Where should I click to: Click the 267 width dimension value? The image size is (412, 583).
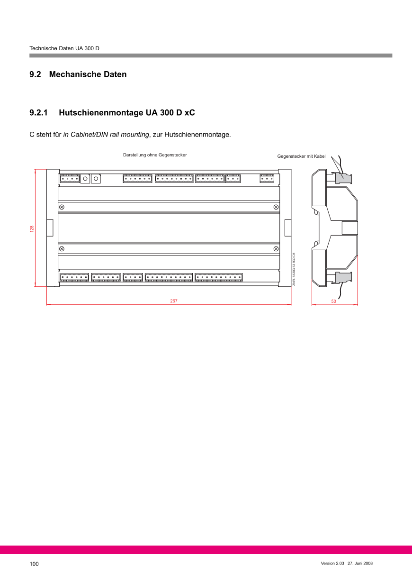click(x=174, y=301)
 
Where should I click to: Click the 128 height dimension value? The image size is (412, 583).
click(x=32, y=229)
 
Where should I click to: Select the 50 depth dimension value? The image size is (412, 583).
click(x=333, y=301)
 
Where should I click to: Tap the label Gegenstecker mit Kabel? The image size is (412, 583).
click(x=301, y=156)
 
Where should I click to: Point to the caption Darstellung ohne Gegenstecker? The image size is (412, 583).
click(x=155, y=155)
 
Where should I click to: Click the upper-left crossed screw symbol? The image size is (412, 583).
click(x=62, y=207)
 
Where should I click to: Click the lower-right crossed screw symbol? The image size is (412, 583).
click(x=276, y=249)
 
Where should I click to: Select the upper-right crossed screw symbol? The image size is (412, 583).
click(x=276, y=207)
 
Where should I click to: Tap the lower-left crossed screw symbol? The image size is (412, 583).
click(x=62, y=249)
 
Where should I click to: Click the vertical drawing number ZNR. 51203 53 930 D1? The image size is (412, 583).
click(x=294, y=269)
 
